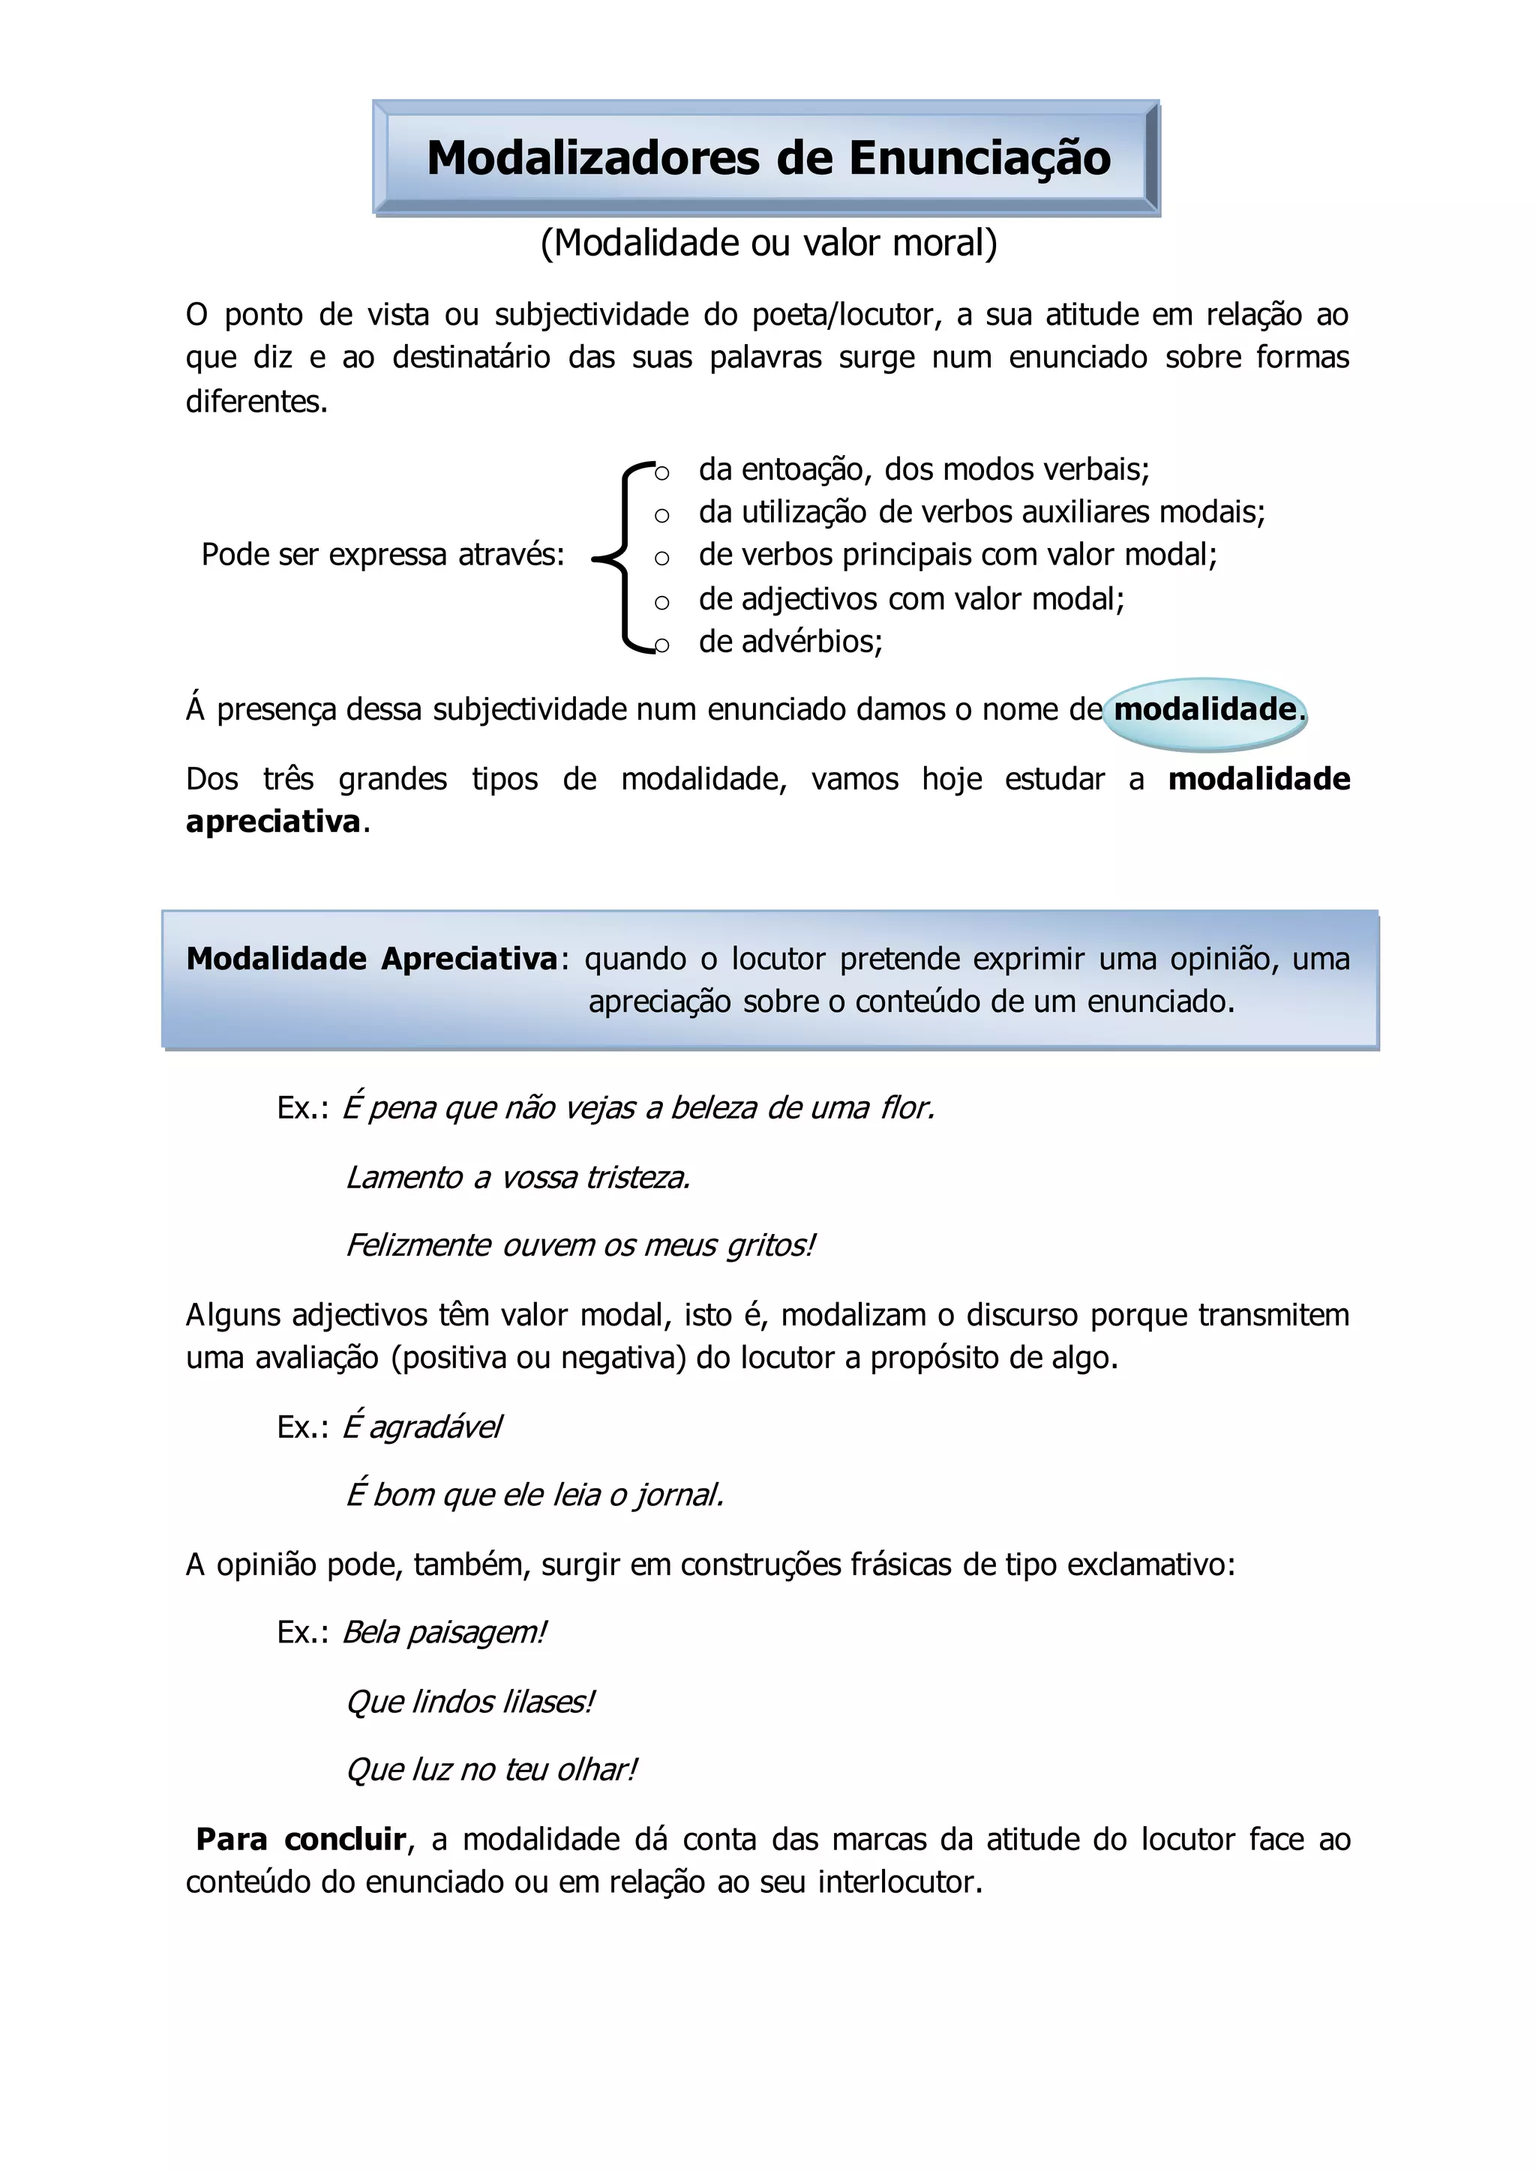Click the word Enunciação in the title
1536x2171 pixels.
(x=979, y=158)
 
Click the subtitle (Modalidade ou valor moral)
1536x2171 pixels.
(x=768, y=243)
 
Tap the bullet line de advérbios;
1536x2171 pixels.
(x=790, y=641)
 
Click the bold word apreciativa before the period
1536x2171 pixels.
(x=272, y=821)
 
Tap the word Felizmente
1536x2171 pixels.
(x=417, y=1245)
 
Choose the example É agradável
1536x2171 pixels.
(x=421, y=1426)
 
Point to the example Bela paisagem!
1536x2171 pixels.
(x=442, y=1632)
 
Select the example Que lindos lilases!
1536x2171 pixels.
(x=469, y=1701)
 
